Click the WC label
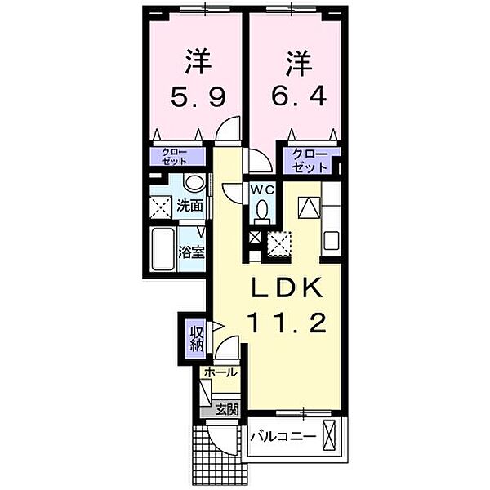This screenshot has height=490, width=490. click(x=261, y=190)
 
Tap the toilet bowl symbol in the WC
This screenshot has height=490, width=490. click(x=262, y=212)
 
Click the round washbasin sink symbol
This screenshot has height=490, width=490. click(x=194, y=183)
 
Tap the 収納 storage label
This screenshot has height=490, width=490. click(x=198, y=339)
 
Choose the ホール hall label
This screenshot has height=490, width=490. click(x=220, y=372)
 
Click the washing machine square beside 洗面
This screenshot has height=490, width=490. click(x=162, y=207)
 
